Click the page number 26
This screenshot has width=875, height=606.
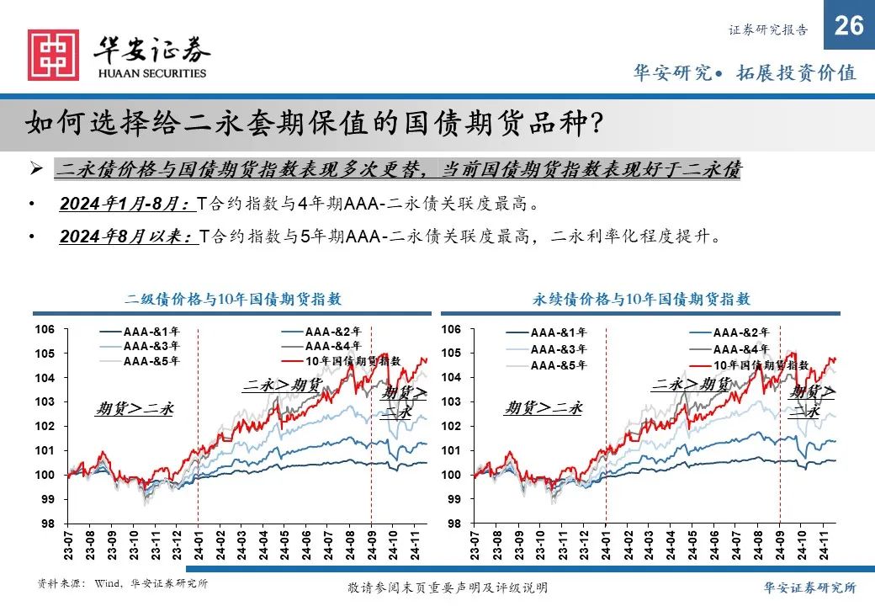[849, 26]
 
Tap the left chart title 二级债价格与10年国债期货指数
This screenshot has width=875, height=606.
[233, 299]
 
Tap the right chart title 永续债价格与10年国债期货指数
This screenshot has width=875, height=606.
[641, 299]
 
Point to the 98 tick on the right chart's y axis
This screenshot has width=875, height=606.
[454, 524]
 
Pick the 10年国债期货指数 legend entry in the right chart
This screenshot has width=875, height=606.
[761, 365]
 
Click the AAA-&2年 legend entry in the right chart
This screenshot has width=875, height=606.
[740, 332]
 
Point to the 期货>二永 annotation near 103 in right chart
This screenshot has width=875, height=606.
[544, 408]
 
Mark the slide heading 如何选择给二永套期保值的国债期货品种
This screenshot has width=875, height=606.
[314, 124]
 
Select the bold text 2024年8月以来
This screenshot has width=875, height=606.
[127, 237]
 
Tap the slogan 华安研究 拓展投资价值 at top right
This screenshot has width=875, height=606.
[744, 72]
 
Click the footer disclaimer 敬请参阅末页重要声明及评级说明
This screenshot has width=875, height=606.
[448, 587]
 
